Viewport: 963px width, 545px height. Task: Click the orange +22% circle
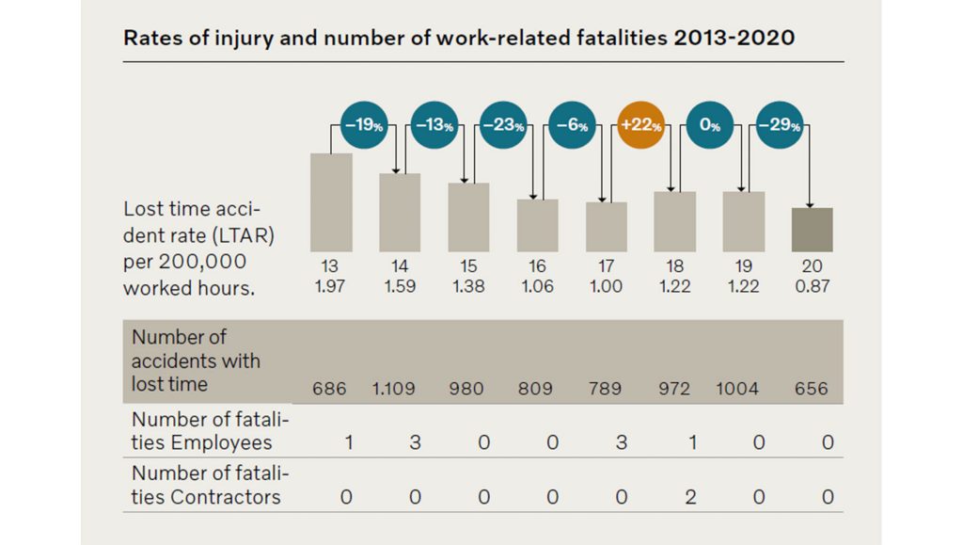[640, 126]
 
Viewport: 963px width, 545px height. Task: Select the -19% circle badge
[364, 126]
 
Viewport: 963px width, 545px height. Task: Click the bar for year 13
[331, 202]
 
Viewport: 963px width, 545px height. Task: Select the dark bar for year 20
[812, 230]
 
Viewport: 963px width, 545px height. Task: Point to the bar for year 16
[537, 225]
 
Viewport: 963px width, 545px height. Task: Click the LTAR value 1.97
[330, 286]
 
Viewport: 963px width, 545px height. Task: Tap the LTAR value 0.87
[812, 286]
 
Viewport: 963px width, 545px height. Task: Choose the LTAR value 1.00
[606, 286]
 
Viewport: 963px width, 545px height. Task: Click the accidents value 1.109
[400, 389]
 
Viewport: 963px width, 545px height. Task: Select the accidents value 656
[812, 389]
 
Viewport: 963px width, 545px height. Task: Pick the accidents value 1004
[737, 389]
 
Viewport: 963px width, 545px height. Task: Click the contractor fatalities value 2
[690, 497]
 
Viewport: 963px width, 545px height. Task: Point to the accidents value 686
[330, 389]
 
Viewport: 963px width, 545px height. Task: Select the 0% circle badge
[709, 126]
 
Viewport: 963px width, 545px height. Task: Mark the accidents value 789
[606, 389]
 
